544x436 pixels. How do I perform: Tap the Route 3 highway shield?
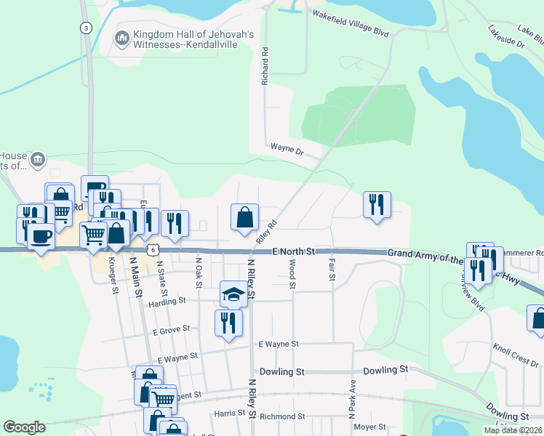pyautogui.click(x=87, y=28)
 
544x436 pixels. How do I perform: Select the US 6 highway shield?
pyautogui.click(x=151, y=249)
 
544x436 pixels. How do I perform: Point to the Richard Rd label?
pyautogui.click(x=266, y=67)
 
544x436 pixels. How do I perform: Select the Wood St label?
pyautogui.click(x=292, y=276)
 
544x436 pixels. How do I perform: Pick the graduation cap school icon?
pyautogui.click(x=233, y=294)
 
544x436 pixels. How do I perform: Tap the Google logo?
pyautogui.click(x=24, y=427)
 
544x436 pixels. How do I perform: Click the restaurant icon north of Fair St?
pyautogui.click(x=377, y=204)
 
